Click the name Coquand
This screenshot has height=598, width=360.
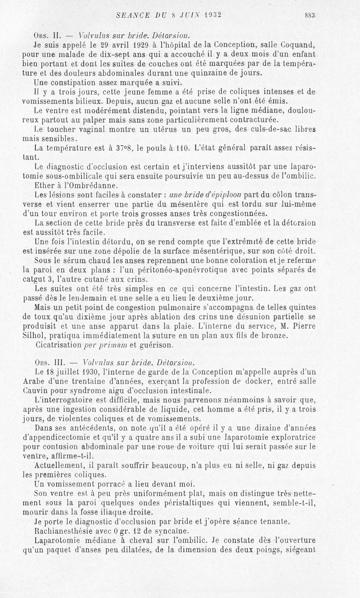coord(307,45)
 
